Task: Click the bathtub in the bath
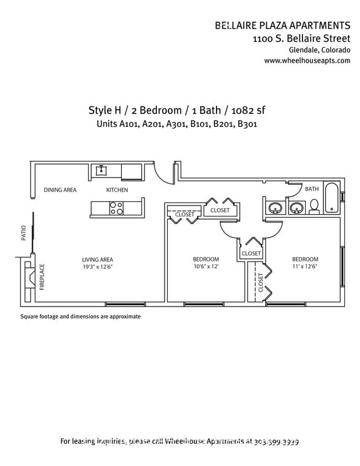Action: coord(331,198)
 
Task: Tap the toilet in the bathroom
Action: coord(314,206)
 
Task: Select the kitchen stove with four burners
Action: coord(116,209)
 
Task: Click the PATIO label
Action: coord(24,232)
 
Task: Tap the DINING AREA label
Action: coord(60,190)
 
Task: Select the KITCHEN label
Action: coord(117,190)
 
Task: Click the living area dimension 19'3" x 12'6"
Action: coord(97,266)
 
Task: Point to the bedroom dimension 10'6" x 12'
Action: coord(205,266)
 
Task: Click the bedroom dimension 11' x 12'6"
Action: coord(305,266)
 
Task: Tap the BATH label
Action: coord(312,189)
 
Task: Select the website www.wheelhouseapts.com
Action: coord(307,61)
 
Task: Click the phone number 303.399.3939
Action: coord(276,442)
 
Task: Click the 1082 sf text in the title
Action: coord(252,110)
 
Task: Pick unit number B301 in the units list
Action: coord(248,124)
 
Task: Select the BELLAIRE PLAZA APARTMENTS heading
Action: coord(282,25)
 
